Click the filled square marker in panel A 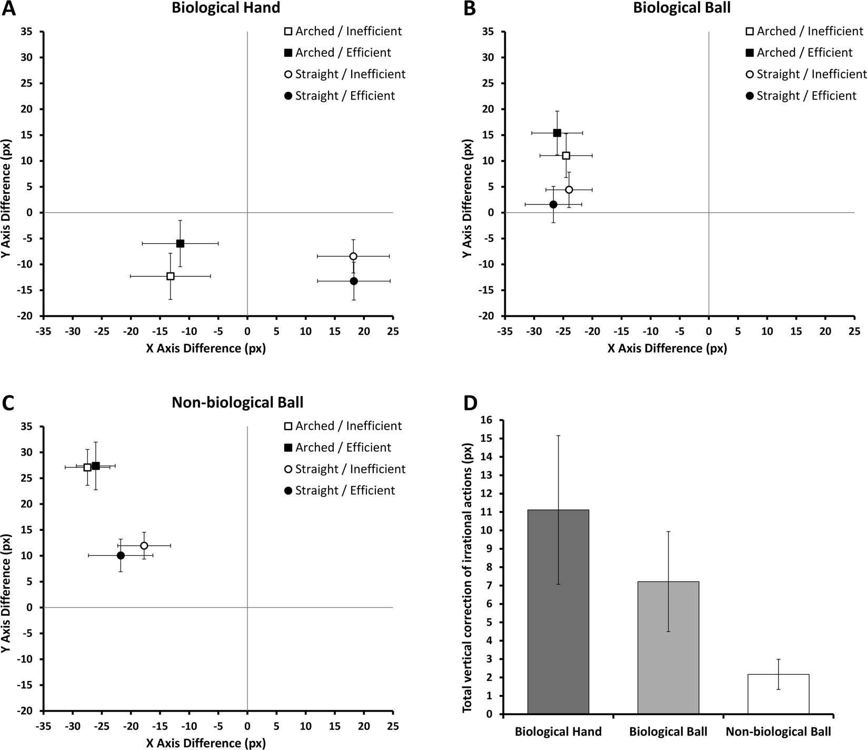point(180,243)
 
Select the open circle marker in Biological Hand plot point(353,256)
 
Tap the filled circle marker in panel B point(553,204)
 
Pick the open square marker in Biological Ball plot point(566,155)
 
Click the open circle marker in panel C point(144,545)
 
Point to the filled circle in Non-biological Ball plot point(121,555)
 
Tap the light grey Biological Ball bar point(668,647)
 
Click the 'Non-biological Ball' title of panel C point(237,403)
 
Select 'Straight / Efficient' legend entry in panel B point(806,96)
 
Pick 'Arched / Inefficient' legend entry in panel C point(348,426)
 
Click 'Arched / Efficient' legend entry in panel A point(343,53)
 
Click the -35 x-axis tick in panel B point(504,331)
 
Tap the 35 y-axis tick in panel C point(27,426)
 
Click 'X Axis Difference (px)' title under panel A point(205,349)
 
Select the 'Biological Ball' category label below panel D point(668,732)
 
